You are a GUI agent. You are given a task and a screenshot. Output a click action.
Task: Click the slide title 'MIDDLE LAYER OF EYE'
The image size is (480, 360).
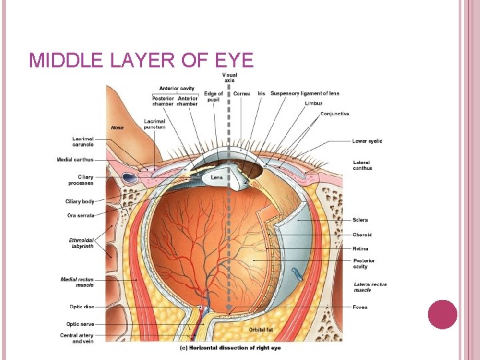pyautogui.click(x=141, y=61)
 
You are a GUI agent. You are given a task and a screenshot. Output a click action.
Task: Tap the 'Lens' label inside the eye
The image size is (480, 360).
pyautogui.click(x=217, y=178)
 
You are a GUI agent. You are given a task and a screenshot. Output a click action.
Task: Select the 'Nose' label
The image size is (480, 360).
pyautogui.click(x=117, y=127)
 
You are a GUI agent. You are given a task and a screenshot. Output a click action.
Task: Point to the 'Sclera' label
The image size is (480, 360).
pyautogui.click(x=360, y=220)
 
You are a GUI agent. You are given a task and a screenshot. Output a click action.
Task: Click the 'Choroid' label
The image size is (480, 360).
pyautogui.click(x=362, y=235)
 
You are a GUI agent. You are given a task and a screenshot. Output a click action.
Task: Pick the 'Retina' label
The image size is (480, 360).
pyautogui.click(x=360, y=249)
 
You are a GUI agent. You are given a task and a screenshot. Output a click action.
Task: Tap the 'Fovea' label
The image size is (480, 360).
pyautogui.click(x=360, y=307)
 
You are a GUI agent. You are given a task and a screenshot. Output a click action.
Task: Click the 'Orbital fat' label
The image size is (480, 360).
pyautogui.click(x=261, y=329)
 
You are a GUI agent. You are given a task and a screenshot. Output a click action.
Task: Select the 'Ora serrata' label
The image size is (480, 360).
pyautogui.click(x=81, y=215)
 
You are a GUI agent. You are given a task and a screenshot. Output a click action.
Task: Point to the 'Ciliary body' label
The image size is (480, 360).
pyautogui.click(x=80, y=201)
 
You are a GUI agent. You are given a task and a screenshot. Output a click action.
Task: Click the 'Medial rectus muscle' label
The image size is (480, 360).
pyautogui.click(x=77, y=282)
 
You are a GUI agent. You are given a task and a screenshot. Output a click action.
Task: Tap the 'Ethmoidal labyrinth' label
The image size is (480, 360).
pyautogui.click(x=81, y=243)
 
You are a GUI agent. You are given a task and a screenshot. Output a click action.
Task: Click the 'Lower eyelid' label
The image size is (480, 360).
pyautogui.click(x=367, y=141)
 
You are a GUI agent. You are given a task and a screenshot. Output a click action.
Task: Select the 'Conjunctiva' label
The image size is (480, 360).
pyautogui.click(x=335, y=114)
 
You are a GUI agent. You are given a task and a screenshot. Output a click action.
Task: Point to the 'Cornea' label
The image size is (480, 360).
pyautogui.click(x=242, y=94)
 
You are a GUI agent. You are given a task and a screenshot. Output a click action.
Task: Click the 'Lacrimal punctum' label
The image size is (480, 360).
pyautogui.click(x=155, y=124)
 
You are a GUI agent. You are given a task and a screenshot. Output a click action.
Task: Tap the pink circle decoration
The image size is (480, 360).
pyautogui.click(x=442, y=314)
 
